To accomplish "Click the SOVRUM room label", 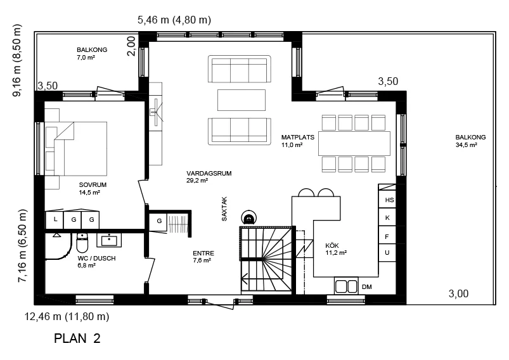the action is point(93,184).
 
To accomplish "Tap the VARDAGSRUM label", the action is point(209,174).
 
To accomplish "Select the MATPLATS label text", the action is point(298,138).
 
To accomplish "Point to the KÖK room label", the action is point(332,246).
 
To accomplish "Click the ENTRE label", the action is point(203,253).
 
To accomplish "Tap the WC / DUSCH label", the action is point(96,259).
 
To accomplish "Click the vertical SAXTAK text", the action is point(224,209).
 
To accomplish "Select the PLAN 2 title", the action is point(77,338).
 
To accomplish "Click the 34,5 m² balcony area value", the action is point(466,145).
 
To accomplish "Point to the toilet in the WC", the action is point(82,243).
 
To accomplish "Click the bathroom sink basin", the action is point(109,240).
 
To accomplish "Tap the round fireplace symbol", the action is point(249,217).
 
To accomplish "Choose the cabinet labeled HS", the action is point(387,200).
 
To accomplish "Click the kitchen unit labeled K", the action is point(387,217).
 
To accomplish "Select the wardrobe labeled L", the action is point(55,220).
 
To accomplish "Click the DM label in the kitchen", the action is point(367,287).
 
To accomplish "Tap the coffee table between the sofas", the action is point(242,100).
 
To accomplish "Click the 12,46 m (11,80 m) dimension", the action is point(67,316).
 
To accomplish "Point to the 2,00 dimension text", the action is point(131,46).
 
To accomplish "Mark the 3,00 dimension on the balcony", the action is point(458,294).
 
